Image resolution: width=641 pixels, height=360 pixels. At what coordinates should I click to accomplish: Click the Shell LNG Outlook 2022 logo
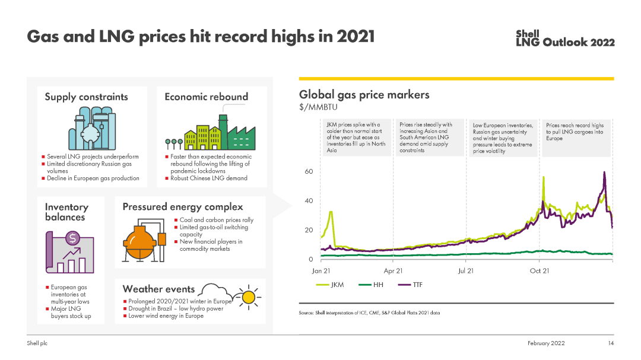[565, 39]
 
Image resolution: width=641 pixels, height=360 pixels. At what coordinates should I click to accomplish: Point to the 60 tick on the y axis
[309, 171]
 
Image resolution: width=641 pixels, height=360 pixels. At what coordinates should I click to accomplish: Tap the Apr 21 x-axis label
[393, 271]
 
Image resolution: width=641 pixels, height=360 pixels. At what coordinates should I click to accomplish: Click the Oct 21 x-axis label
[539, 271]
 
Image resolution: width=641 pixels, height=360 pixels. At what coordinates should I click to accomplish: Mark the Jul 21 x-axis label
[466, 271]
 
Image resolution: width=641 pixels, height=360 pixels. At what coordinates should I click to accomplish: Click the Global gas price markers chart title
[364, 94]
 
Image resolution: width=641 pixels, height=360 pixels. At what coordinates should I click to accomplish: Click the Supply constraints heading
[86, 97]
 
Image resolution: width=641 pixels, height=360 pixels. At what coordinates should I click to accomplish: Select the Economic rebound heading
[206, 97]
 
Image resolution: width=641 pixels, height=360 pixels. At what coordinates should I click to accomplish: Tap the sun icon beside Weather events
[249, 296]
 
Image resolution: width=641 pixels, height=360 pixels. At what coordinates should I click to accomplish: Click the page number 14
[610, 343]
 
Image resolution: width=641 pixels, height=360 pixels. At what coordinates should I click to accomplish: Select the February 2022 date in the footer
[546, 343]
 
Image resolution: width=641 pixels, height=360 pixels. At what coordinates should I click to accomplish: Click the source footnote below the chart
[369, 313]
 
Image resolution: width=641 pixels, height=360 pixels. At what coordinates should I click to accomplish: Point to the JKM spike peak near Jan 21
[331, 212]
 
